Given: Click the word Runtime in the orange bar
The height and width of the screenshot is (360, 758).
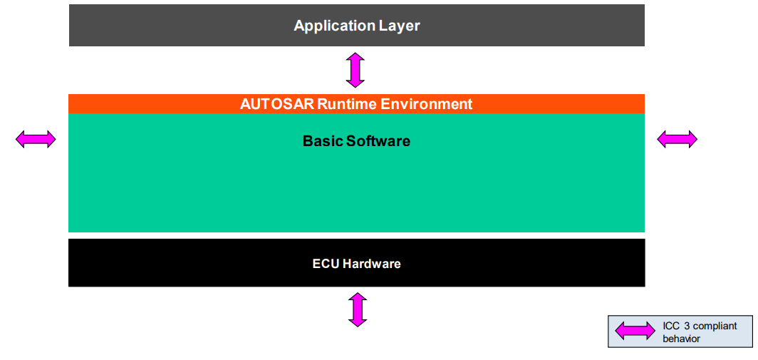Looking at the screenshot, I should pos(347,104).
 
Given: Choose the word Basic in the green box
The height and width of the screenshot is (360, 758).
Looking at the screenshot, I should pos(323,141).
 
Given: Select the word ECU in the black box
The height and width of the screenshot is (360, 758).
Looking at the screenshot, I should pos(326,264).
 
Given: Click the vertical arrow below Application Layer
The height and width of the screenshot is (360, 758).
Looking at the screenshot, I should pos(355,70).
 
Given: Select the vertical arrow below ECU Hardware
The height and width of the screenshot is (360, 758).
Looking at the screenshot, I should pos(358,309).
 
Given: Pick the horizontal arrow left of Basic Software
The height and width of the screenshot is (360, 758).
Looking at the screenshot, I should pos(36,139).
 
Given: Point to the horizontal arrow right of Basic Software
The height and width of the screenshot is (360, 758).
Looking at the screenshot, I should pos(677,139).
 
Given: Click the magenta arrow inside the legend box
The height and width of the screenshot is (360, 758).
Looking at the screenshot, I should pos(635,330).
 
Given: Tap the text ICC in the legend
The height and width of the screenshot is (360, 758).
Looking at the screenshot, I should pos(671,326).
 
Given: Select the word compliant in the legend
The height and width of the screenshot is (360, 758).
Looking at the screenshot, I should pos(715,326).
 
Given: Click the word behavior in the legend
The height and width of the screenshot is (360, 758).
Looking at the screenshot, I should pos(682,339).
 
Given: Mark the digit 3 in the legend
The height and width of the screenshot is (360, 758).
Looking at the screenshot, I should pos(688,326).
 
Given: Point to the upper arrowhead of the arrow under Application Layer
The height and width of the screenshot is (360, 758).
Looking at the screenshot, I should pos(355,56).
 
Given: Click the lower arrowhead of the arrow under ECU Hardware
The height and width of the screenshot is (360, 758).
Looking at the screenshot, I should pos(358,322).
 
